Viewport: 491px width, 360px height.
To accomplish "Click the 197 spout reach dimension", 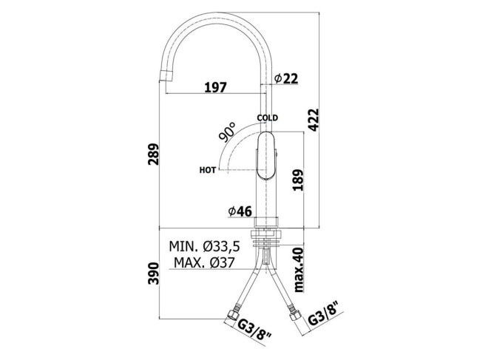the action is point(215,87).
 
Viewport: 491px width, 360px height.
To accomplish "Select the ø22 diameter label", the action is point(286,78).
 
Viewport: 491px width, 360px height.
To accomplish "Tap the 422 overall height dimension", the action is point(313,120).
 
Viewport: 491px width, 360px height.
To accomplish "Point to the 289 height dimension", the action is point(154,154).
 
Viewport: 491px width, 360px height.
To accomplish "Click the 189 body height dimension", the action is point(298,180).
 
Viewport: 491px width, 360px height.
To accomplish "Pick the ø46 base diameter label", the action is point(240,212).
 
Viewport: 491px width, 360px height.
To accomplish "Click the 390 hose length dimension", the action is point(154,274).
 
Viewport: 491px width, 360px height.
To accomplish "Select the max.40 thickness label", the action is point(299,270).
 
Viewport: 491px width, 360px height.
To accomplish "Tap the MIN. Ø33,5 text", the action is point(205,247).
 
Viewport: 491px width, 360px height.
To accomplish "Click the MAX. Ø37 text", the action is point(204,262).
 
